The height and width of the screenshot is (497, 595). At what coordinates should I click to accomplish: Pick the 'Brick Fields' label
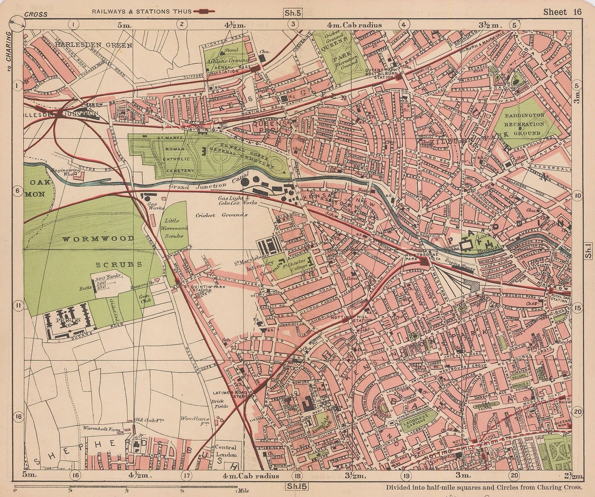pos(216,404)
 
